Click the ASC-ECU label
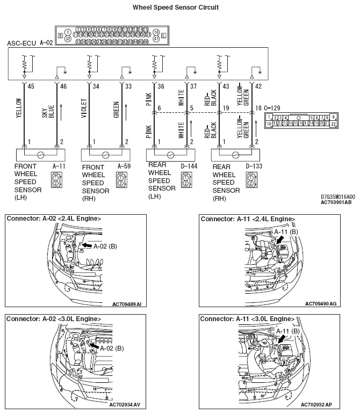21,42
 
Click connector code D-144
189,167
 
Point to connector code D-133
254,167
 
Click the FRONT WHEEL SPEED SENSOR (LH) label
26,183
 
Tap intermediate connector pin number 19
226,108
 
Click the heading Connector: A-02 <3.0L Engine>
54,318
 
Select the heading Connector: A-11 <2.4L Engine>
247,219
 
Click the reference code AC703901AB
336,203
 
